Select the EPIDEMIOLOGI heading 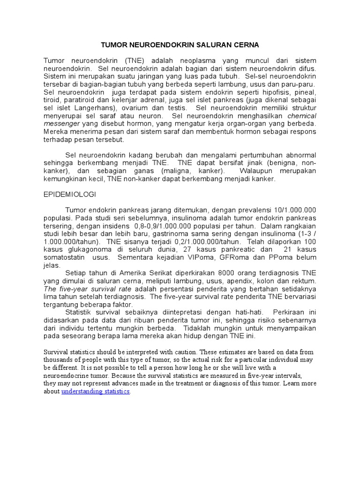pos(70,193)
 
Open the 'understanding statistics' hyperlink pos(96,391)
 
